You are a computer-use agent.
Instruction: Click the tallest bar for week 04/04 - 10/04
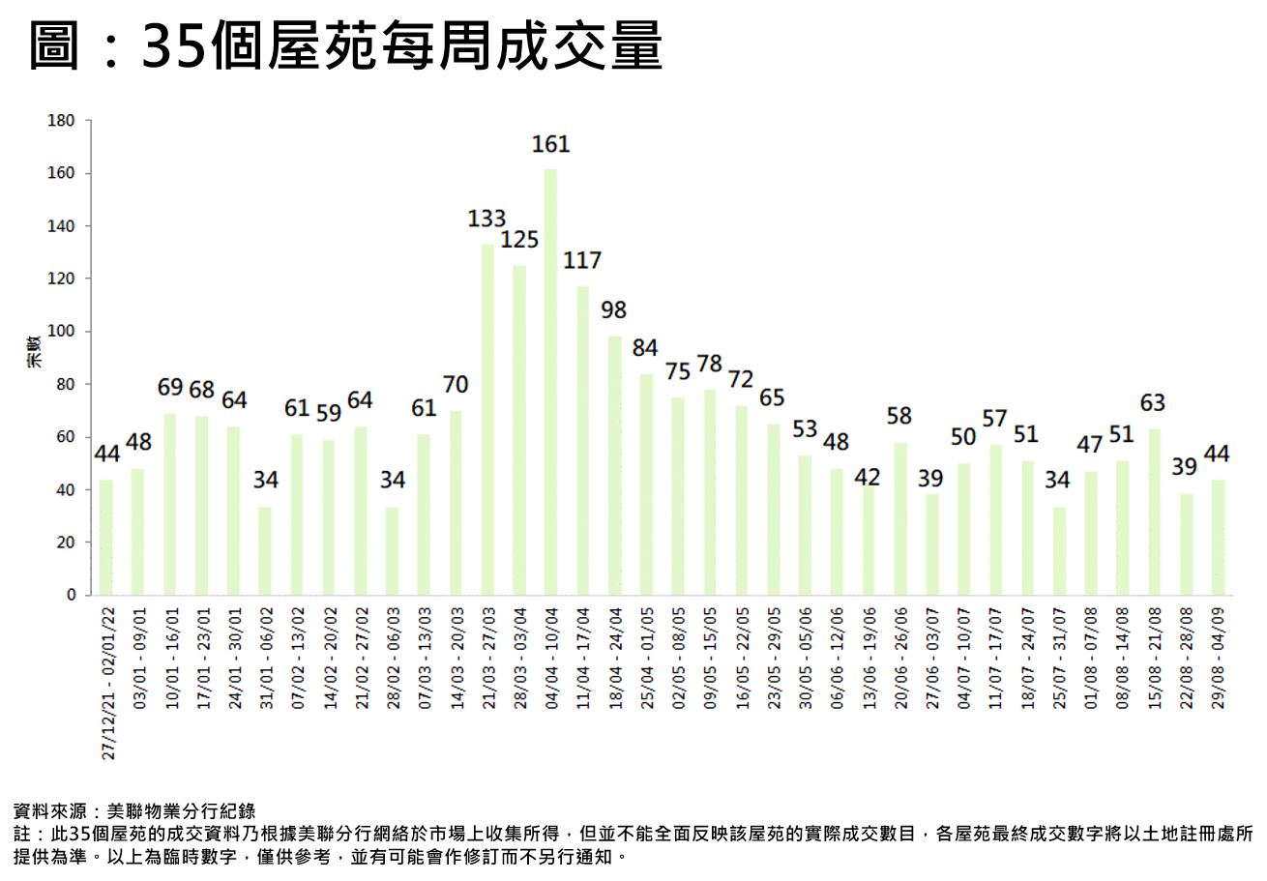click(x=550, y=382)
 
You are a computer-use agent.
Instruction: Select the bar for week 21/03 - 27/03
click(x=487, y=420)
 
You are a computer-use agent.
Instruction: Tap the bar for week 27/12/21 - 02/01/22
click(x=105, y=537)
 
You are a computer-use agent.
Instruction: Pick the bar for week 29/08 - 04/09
click(x=1218, y=537)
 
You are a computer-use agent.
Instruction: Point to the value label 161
click(x=550, y=145)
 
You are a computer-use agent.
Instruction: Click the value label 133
click(x=487, y=220)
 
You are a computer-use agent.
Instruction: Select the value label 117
click(x=582, y=261)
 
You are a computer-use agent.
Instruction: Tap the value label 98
click(x=613, y=310)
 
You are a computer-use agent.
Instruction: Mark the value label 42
click(x=868, y=478)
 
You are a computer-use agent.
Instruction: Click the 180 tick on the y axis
click(x=61, y=121)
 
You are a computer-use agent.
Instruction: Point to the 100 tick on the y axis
click(x=61, y=332)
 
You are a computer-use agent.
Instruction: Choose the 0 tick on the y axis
click(x=71, y=595)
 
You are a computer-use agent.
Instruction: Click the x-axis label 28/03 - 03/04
click(x=520, y=658)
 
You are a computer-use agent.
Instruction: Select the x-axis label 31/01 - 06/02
click(x=267, y=658)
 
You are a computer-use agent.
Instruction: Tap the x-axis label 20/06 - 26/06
click(x=900, y=658)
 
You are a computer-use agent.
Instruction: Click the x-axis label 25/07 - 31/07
click(x=1059, y=658)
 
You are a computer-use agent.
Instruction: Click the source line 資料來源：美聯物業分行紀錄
click(x=134, y=810)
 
